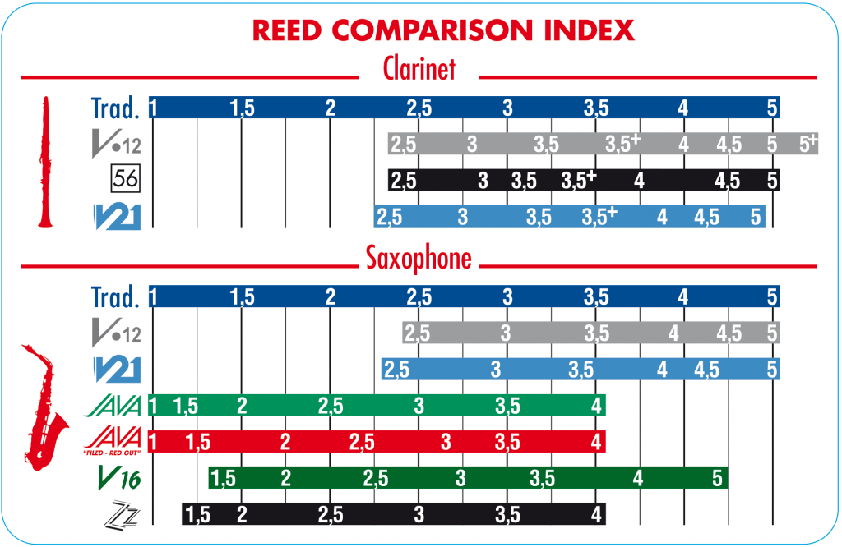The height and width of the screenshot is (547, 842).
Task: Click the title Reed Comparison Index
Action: pyautogui.click(x=442, y=30)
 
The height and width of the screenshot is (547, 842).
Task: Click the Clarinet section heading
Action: pyautogui.click(x=419, y=69)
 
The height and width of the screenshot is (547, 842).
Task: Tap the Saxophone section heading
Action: pyautogui.click(x=419, y=259)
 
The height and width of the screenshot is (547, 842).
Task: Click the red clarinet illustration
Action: pyautogui.click(x=45, y=161)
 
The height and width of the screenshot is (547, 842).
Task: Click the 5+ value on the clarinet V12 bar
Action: pyautogui.click(x=808, y=144)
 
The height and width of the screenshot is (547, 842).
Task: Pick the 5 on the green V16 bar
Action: pyautogui.click(x=716, y=478)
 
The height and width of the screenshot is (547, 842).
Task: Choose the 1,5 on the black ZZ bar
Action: pyautogui.click(x=197, y=515)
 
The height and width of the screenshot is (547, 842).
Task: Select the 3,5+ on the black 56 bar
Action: pyautogui.click(x=578, y=180)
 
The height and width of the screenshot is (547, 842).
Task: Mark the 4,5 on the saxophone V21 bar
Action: pyautogui.click(x=712, y=370)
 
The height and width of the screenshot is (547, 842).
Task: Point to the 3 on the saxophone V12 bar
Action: pyautogui.click(x=505, y=333)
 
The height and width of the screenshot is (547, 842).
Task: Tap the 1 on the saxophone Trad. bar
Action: pyautogui.click(x=153, y=296)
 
